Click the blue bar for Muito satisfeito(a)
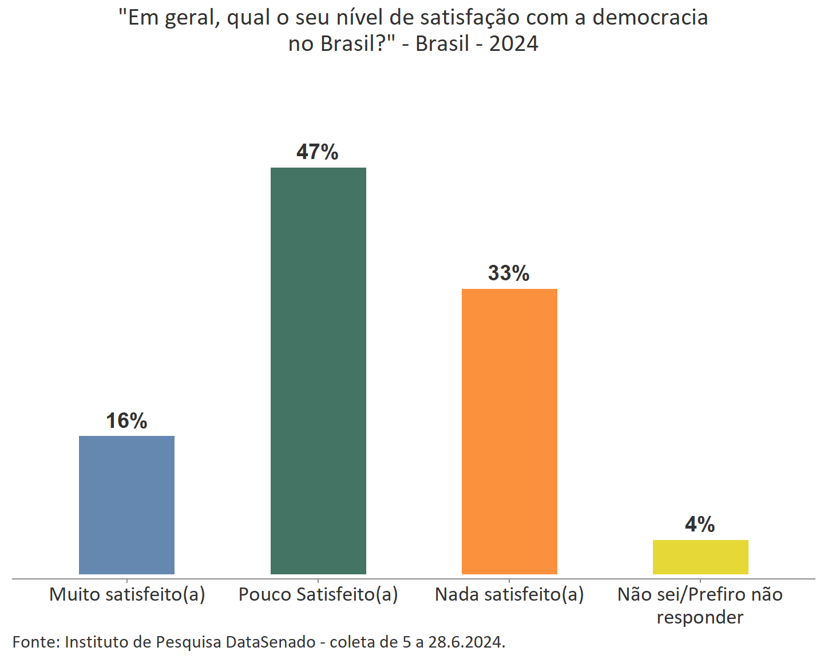pyautogui.click(x=126, y=505)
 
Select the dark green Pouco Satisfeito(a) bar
pyautogui.click(x=318, y=371)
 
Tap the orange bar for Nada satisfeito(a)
pyautogui.click(x=509, y=431)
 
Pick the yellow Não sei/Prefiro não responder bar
pyautogui.click(x=700, y=557)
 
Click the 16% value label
pyautogui.click(x=126, y=421)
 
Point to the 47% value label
pyautogui.click(x=318, y=152)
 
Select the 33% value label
pyautogui.click(x=509, y=273)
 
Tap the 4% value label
pyautogui.click(x=700, y=525)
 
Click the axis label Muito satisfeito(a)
pyautogui.click(x=127, y=594)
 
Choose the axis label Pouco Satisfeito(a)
pyautogui.click(x=318, y=594)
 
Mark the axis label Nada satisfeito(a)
pyautogui.click(x=509, y=594)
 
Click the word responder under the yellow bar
pyautogui.click(x=700, y=617)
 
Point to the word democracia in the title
pyautogui.click(x=650, y=18)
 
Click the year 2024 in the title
pyautogui.click(x=513, y=44)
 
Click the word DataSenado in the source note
pyautogui.click(x=271, y=642)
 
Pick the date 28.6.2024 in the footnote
pyautogui.click(x=466, y=642)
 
